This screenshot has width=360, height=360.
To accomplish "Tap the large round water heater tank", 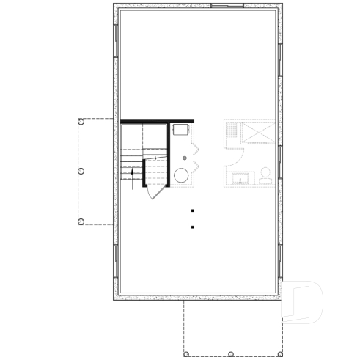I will [180, 175].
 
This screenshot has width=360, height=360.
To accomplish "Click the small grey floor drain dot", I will [185, 158].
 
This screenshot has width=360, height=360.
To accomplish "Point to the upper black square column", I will [192, 210].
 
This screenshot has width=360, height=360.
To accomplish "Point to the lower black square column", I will [192, 227].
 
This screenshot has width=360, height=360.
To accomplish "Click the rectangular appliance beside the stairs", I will [181, 130].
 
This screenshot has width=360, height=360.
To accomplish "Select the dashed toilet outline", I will [265, 173].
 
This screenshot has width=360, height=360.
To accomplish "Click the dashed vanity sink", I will [239, 178].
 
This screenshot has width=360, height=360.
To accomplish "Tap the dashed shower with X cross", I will [258, 133].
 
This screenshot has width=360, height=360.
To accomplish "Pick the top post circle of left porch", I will [81, 122].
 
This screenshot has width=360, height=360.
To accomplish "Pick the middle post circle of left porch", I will [81, 171].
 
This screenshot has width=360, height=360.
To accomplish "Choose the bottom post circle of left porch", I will [81, 221].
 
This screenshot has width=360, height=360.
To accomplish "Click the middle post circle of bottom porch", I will [230, 354].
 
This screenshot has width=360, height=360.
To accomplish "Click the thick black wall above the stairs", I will [157, 121].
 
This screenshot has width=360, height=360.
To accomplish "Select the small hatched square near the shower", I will [232, 131].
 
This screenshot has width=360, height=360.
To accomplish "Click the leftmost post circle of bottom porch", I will [186, 354].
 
